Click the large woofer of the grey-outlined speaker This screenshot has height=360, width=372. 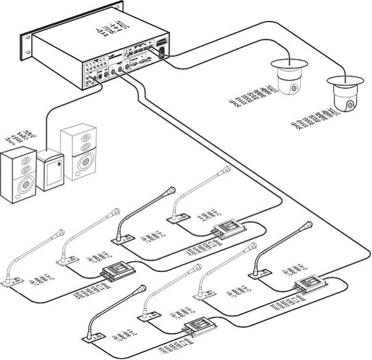pos(81,163)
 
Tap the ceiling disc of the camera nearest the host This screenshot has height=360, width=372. pos(286,63)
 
